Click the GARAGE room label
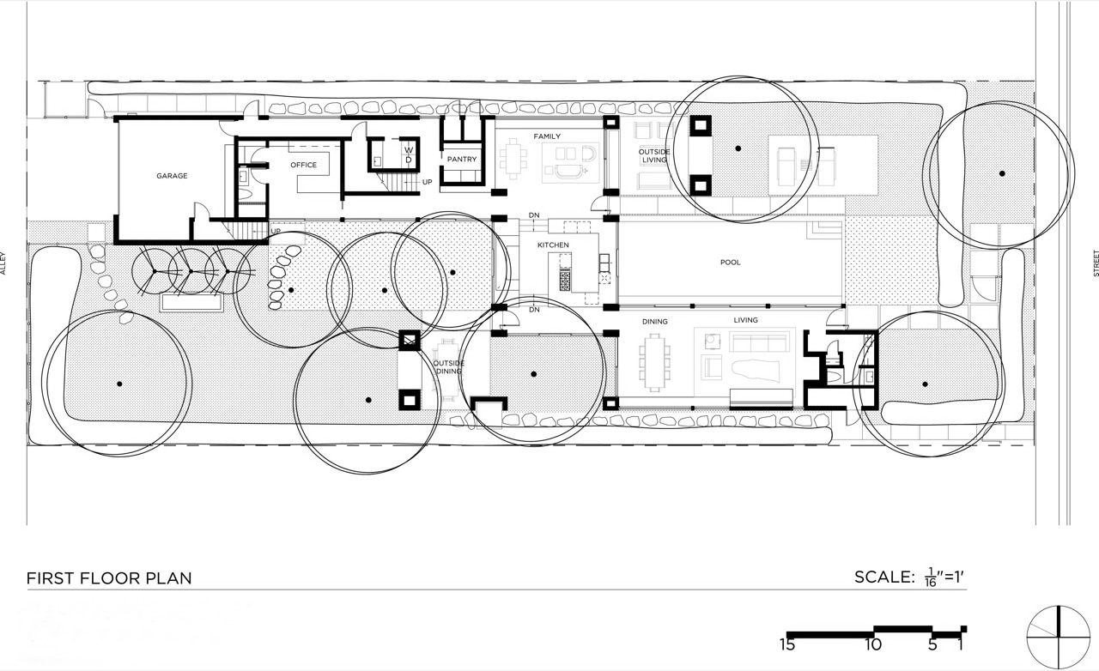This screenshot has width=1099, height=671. click(172, 176)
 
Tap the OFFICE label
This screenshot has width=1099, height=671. click(303, 165)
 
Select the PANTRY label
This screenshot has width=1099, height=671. click(462, 159)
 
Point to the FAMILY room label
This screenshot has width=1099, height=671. click(547, 136)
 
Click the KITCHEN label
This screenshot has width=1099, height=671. click(553, 245)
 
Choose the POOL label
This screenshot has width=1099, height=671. click(730, 263)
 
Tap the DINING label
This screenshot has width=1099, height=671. click(654, 322)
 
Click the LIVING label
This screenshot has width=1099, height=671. click(746, 320)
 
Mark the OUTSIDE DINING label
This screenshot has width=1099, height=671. click(448, 367)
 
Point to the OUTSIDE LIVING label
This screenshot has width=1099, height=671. click(654, 156)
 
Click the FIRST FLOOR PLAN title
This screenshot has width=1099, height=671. click(109, 578)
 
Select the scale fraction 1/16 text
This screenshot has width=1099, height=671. click(930, 577)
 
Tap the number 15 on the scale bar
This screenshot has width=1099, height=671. click(787, 644)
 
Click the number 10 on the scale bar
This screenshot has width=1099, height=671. click(873, 644)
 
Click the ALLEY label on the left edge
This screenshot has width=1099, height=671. click(3, 263)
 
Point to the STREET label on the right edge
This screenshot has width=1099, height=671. click(1096, 263)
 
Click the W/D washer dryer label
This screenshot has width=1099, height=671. click(409, 154)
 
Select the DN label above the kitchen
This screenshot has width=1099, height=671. click(534, 215)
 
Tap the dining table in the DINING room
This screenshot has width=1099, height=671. click(654, 363)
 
